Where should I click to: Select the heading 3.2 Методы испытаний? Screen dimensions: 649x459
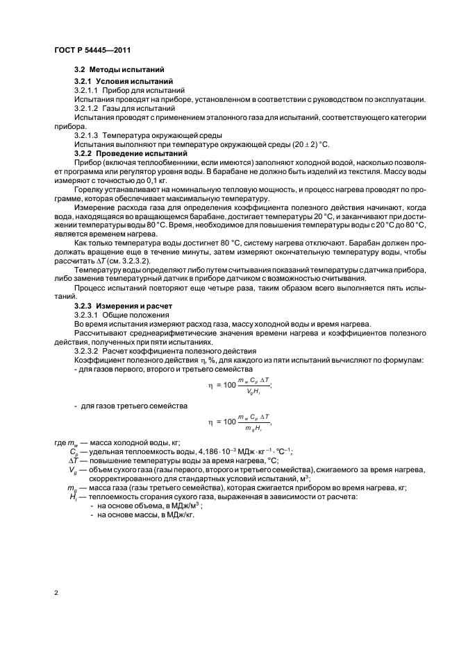(119, 70)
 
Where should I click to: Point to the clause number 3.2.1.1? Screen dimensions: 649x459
(86, 92)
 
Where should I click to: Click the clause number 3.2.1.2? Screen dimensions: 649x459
(86, 108)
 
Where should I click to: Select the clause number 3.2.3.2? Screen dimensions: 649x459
(86, 351)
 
